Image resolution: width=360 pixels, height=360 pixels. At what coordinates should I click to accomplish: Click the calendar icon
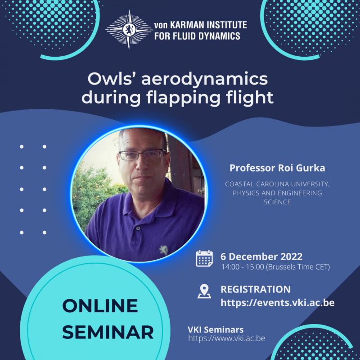coord(204,259)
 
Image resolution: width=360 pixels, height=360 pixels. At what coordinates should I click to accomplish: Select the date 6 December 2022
coord(261,256)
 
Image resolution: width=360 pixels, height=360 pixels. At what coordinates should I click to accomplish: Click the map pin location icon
coord(204,291)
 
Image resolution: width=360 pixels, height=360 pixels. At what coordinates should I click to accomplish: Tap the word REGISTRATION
coord(255,289)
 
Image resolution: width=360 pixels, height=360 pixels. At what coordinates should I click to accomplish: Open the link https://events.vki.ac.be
coord(277,302)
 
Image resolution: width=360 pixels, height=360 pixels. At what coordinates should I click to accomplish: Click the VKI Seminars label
coord(216,330)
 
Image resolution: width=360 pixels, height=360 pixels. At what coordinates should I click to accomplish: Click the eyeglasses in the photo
coord(142,154)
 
